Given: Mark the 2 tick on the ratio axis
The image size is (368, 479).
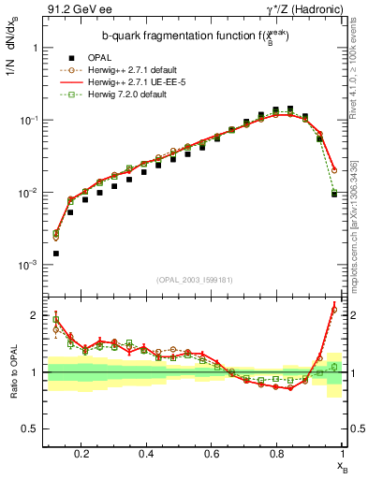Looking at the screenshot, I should pyautogui.click(x=33, y=315).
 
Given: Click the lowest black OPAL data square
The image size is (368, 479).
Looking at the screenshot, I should pyautogui.click(x=56, y=254).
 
